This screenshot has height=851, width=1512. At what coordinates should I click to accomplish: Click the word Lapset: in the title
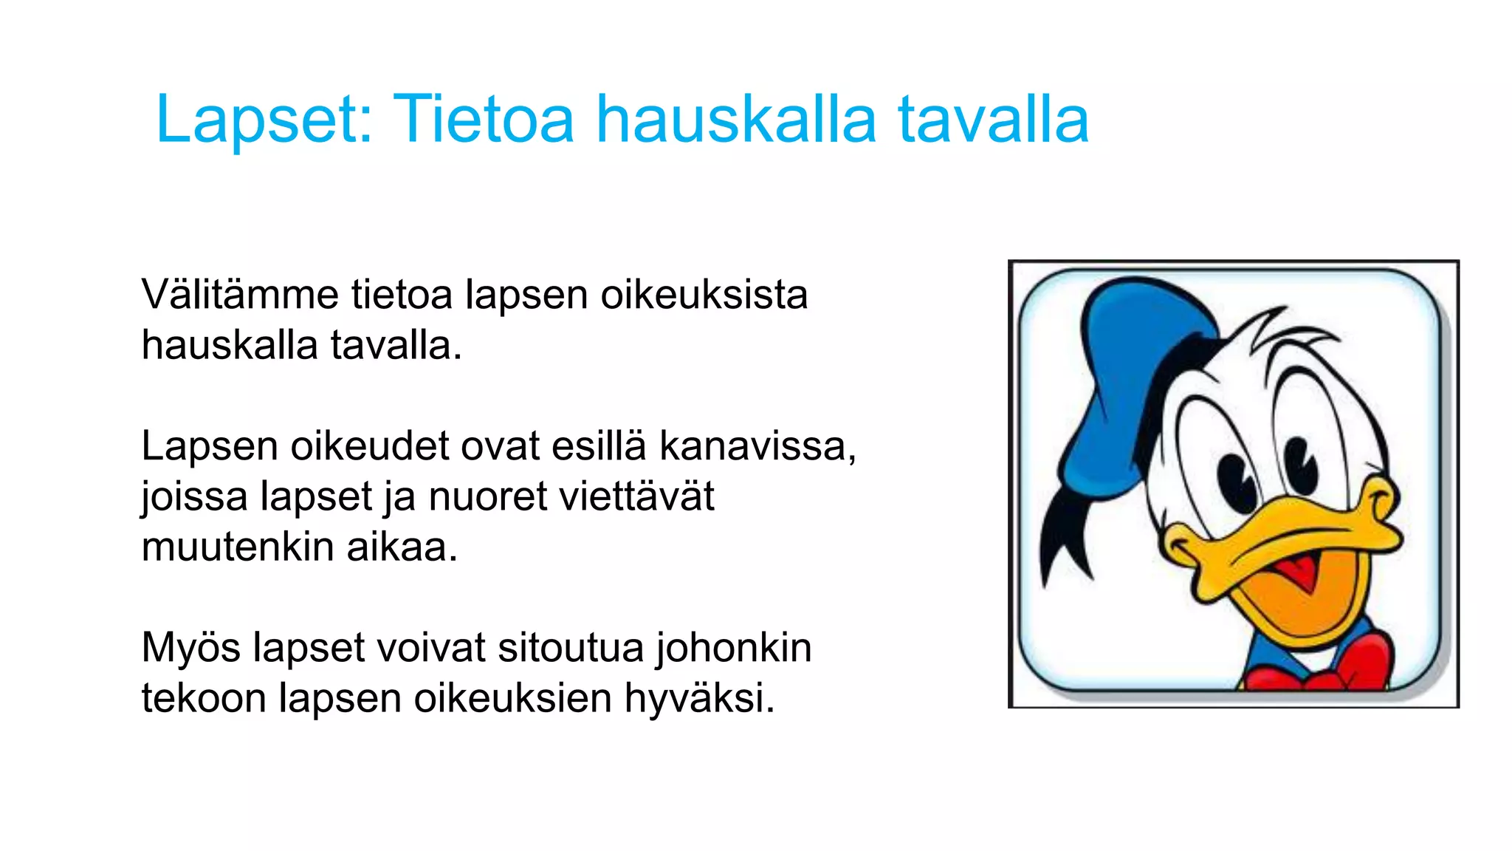click(x=264, y=120)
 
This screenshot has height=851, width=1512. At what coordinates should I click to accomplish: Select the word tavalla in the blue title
click(x=993, y=120)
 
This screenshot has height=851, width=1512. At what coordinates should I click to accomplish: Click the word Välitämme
click(x=240, y=295)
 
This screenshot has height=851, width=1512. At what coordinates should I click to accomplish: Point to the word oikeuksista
click(x=704, y=295)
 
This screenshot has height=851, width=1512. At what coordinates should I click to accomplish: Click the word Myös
click(x=190, y=649)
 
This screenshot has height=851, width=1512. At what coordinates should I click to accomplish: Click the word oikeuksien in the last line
click(x=512, y=699)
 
